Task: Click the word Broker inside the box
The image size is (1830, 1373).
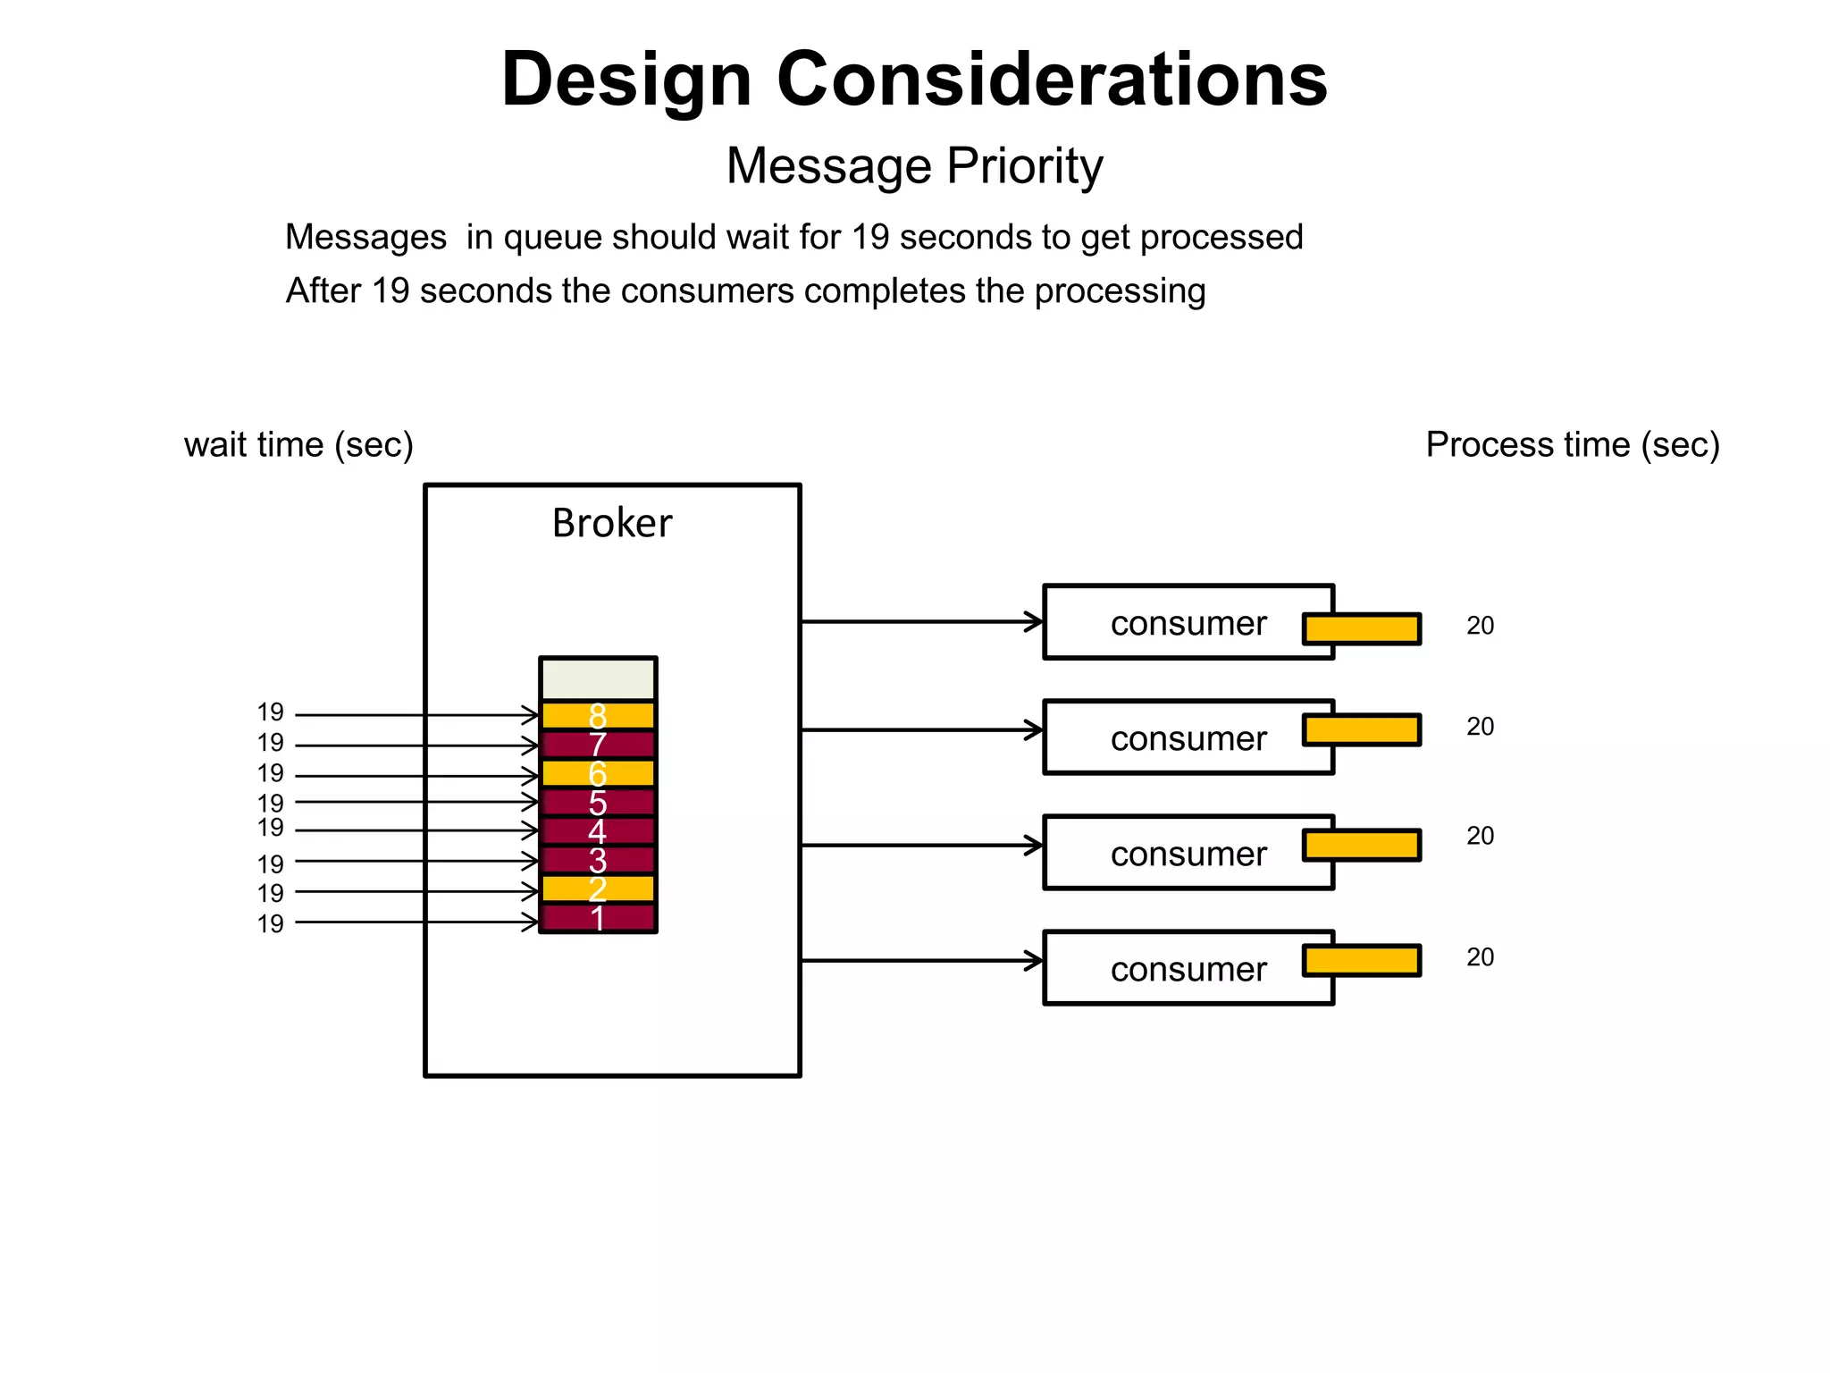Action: click(x=612, y=523)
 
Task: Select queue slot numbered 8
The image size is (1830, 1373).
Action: click(x=598, y=715)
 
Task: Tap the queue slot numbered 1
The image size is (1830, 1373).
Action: click(x=598, y=919)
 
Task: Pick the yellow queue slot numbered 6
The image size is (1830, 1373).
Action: click(x=598, y=773)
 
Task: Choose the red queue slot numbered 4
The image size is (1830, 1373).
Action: click(x=598, y=831)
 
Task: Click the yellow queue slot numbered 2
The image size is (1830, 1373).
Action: click(x=598, y=889)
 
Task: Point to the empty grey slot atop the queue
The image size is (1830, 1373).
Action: click(x=598, y=679)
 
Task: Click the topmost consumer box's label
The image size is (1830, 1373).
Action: click(x=1188, y=623)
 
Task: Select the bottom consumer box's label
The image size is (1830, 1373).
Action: click(x=1188, y=969)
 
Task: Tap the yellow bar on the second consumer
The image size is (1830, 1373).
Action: click(x=1362, y=729)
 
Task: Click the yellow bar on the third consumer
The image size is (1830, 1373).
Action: click(x=1362, y=845)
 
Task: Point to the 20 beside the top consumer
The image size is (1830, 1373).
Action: click(x=1480, y=626)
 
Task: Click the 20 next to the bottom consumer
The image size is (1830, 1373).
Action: click(x=1480, y=957)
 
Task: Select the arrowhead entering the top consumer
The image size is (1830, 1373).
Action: click(x=1035, y=621)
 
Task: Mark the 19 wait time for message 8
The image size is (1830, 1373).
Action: click(x=270, y=712)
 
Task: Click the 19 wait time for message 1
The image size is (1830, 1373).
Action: click(x=270, y=923)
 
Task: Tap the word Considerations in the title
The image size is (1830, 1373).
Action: click(x=1052, y=80)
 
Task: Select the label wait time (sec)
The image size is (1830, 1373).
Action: click(x=298, y=444)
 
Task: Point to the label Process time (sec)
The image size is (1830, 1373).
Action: click(x=1573, y=444)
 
